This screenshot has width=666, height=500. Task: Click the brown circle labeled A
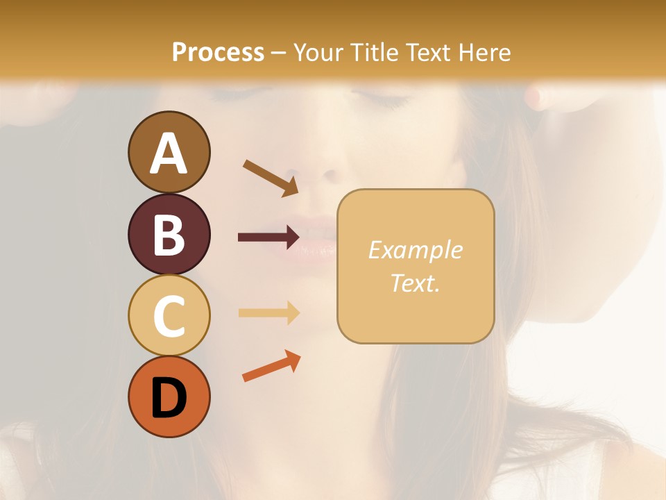169,152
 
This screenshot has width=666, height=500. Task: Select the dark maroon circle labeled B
169,234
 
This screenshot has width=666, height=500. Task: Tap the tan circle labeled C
169,315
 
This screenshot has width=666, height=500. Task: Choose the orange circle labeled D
169,397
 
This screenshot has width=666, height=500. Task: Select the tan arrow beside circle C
269,312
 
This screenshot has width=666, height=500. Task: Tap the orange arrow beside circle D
271,366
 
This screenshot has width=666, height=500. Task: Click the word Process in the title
218,52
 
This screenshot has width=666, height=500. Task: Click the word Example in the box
415,250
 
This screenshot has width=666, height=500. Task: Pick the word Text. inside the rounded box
415,283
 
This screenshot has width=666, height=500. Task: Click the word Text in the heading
425,52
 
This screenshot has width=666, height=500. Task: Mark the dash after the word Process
278,53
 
